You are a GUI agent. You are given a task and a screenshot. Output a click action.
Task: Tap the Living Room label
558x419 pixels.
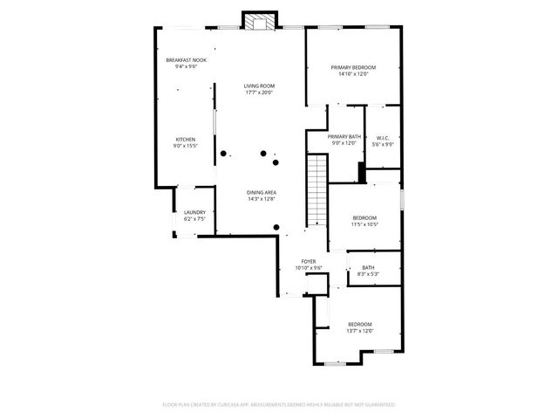point(260,85)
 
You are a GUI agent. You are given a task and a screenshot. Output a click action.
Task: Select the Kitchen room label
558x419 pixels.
point(185,140)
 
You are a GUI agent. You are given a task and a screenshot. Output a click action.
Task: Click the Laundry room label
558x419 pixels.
point(194,212)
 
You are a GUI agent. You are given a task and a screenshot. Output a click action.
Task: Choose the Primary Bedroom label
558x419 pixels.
point(352,67)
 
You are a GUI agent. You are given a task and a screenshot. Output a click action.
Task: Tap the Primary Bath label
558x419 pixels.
point(344,137)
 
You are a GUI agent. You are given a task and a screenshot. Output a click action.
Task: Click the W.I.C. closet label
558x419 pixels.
point(382,138)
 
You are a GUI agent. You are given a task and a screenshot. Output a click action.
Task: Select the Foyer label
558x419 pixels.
point(309,261)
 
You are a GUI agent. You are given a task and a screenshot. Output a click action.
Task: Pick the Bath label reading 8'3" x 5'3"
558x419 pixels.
point(368,268)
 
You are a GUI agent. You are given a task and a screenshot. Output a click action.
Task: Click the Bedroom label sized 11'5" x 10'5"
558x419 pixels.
point(364,217)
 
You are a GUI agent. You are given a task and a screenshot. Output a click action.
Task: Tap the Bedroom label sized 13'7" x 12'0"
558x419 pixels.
point(360,324)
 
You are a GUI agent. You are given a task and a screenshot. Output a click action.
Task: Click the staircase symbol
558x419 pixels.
point(316,188)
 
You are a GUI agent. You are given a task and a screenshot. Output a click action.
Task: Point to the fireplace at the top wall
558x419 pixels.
point(258,22)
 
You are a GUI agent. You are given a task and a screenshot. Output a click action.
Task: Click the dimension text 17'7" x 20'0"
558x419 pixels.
point(260,93)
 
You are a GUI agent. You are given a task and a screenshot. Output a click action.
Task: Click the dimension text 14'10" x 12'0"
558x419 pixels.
point(352,75)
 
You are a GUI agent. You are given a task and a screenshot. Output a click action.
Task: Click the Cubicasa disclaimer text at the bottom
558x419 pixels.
point(279,405)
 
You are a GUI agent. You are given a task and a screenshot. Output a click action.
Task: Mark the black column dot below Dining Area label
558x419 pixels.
point(276,227)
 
